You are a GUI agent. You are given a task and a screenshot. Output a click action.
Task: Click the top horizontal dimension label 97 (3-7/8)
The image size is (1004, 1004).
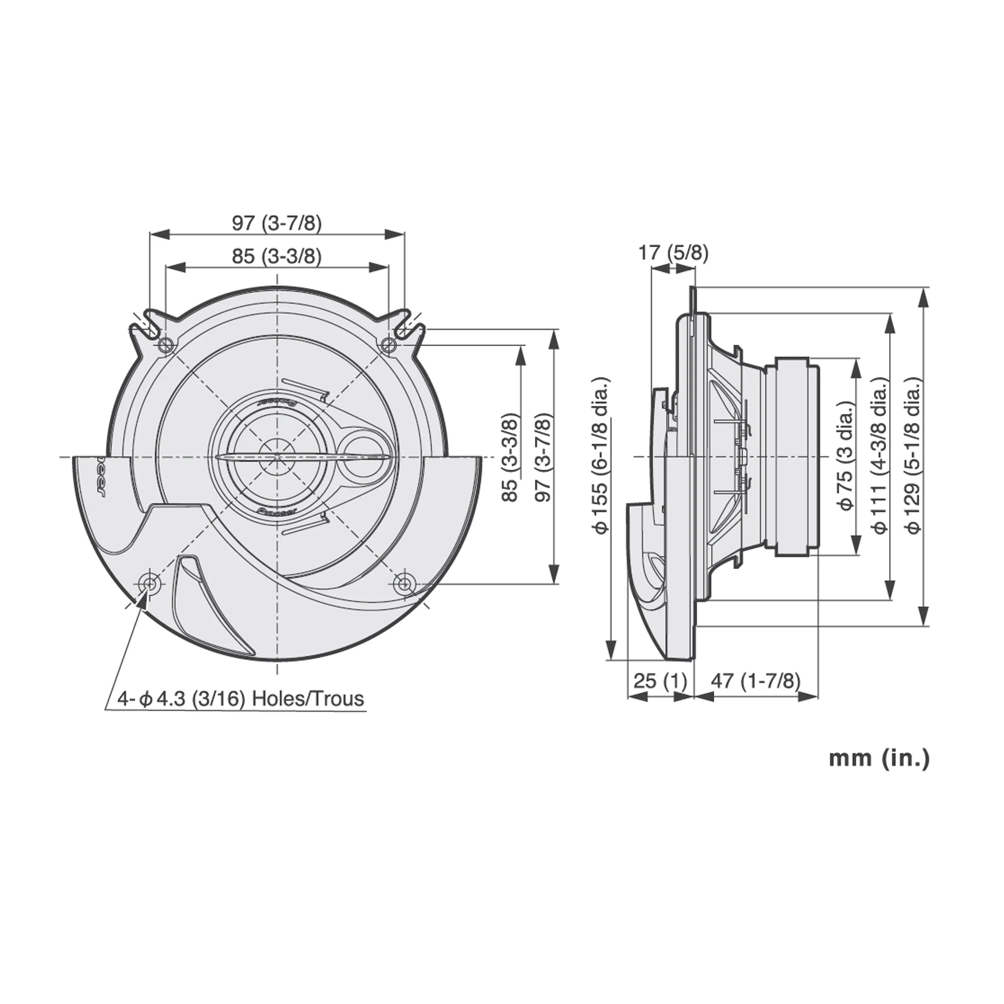[x=276, y=224]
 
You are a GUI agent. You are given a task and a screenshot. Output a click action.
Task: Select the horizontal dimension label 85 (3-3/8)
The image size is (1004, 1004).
[x=276, y=256]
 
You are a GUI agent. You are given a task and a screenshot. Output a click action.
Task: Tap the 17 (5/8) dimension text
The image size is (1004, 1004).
[x=673, y=253]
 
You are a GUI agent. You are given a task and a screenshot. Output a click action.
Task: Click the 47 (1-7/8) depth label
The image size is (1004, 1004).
[x=755, y=680]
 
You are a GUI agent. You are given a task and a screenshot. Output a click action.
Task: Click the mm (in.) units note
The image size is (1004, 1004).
[x=878, y=758]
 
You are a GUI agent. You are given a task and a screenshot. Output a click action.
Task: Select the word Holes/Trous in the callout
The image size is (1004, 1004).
[x=308, y=699]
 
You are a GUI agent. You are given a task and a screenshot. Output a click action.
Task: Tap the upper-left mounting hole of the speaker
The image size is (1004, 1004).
[x=165, y=344]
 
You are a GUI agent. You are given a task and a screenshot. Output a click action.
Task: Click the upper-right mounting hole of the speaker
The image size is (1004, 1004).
[x=388, y=344]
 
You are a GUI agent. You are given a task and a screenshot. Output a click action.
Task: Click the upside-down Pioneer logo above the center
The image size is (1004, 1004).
[x=276, y=402]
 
